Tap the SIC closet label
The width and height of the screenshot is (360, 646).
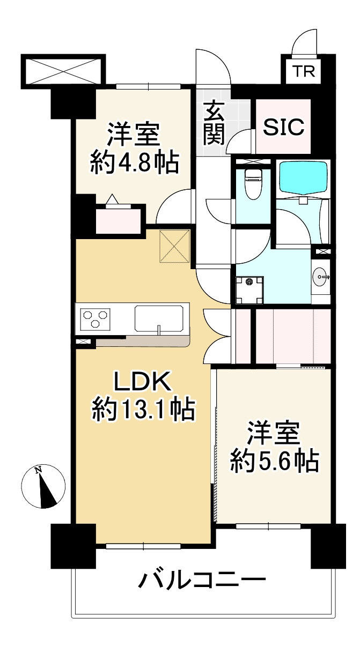pyautogui.click(x=284, y=127)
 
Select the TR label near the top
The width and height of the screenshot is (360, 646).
pyautogui.click(x=304, y=72)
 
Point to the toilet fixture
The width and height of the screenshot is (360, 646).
pyautogui.click(x=251, y=183)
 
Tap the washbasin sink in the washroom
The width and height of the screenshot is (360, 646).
pyautogui.click(x=320, y=277)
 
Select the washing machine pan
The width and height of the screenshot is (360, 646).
pyautogui.click(x=248, y=283)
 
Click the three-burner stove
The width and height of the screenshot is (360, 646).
pyautogui.click(x=96, y=318)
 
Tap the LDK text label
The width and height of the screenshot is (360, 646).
pyautogui.click(x=142, y=383)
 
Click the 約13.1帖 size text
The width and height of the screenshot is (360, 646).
pyautogui.click(x=142, y=411)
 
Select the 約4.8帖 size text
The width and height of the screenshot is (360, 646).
pyautogui.click(x=134, y=162)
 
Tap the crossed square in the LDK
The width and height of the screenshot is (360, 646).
pyautogui.click(x=174, y=246)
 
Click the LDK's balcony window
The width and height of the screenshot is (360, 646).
pyautogui.click(x=144, y=546)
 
